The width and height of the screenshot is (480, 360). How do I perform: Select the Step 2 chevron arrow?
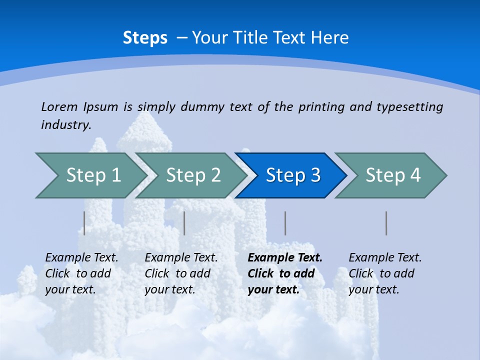[x=193, y=175]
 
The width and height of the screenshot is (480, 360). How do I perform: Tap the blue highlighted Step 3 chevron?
[x=293, y=175]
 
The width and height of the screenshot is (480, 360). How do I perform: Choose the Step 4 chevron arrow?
[x=393, y=175]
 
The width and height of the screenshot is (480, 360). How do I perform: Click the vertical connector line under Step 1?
[x=84, y=223]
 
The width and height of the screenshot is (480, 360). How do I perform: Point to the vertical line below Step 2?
[x=184, y=223]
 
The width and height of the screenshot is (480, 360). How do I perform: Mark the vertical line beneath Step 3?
[x=285, y=223]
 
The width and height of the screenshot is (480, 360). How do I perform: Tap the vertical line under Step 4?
[x=386, y=223]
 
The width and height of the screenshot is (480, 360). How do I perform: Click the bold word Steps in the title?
[x=145, y=38]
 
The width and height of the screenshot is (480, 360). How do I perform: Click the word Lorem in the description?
[x=59, y=106]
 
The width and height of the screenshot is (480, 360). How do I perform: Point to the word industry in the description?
[x=66, y=124]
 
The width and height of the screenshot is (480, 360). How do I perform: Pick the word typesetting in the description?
[x=409, y=106]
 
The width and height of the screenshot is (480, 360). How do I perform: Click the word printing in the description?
[x=321, y=106]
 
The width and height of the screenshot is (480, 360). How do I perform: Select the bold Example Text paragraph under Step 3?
[x=285, y=273]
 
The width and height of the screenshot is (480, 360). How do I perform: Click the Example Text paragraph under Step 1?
[x=81, y=273]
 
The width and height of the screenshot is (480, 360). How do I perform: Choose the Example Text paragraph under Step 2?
[x=181, y=273]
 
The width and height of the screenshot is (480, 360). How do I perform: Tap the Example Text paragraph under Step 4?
[x=385, y=273]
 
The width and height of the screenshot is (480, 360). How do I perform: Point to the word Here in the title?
[x=329, y=38]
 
